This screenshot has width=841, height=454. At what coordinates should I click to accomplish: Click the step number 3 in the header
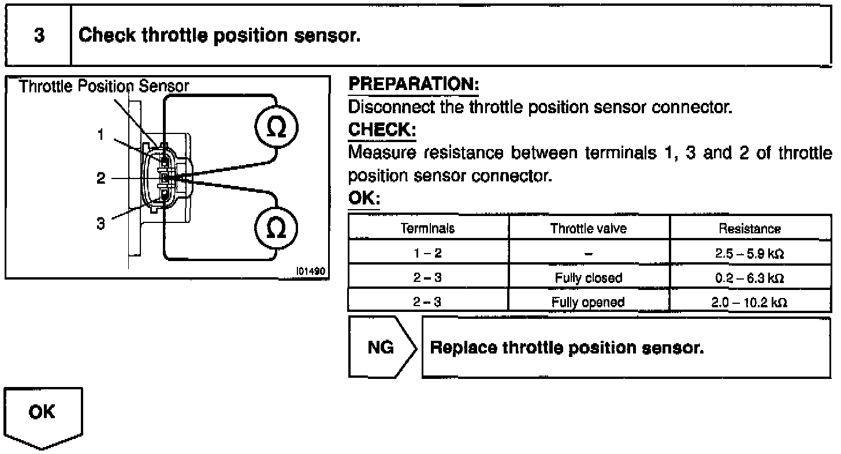(39, 36)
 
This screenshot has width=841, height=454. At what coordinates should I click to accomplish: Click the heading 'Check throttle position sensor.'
(219, 36)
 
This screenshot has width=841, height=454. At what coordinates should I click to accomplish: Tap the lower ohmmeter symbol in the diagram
(277, 228)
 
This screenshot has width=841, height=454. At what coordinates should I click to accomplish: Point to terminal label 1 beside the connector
(101, 135)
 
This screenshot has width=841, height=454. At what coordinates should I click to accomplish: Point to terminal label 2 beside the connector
(101, 178)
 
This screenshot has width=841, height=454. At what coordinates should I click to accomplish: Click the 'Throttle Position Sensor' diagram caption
(104, 87)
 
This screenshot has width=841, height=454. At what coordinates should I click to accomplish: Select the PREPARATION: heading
(414, 85)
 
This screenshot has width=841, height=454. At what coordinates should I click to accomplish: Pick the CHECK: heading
(382, 130)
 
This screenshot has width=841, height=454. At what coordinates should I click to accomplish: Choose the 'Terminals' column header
(427, 228)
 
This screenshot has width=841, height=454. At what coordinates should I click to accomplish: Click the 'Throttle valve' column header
(589, 228)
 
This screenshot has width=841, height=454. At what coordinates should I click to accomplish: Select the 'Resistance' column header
(750, 229)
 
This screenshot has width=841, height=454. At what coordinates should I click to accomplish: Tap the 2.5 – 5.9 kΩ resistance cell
(750, 253)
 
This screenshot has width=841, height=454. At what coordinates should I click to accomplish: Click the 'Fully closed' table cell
(589, 278)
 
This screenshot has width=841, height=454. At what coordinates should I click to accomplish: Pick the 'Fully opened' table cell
(588, 302)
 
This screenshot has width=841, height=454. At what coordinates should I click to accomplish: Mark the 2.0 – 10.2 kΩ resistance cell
(750, 302)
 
